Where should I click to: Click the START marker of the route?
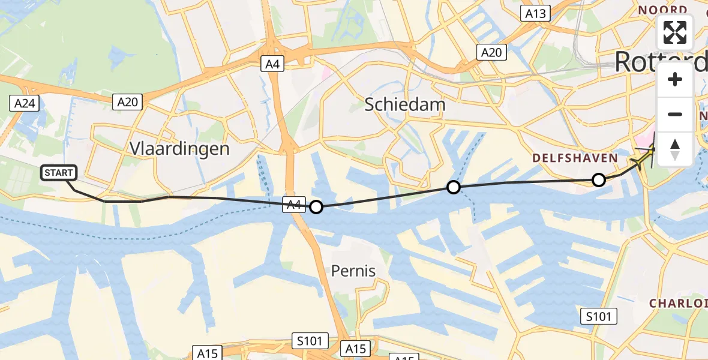pos(59,173)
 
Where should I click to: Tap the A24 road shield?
pos(25,104)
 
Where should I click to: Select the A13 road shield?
pos(535,14)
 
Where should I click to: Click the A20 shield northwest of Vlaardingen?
pos(127,102)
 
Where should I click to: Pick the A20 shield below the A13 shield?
pos(492,53)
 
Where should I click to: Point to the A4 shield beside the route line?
pos(294,205)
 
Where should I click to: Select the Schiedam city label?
pos(406,105)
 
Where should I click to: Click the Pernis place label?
pos(353,271)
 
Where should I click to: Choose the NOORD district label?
pos(662,10)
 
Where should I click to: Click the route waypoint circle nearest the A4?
pos(316,208)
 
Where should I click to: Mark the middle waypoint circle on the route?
pos(454,188)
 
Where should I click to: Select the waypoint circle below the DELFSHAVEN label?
pos(598,179)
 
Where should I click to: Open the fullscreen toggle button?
pos(675,32)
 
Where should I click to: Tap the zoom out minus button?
pos(675,114)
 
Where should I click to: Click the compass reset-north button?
pos(675,149)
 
